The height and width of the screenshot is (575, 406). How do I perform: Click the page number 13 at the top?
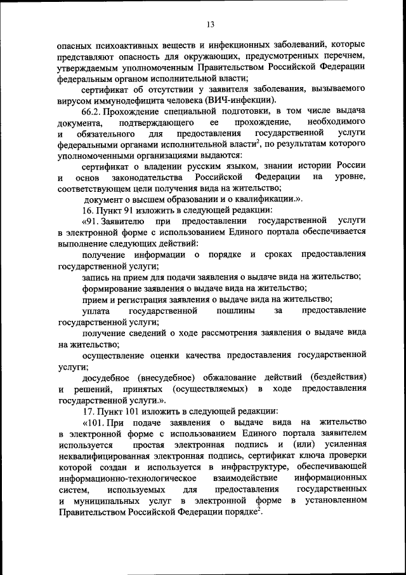(210, 25)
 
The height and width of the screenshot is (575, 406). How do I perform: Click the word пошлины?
(236, 311)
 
